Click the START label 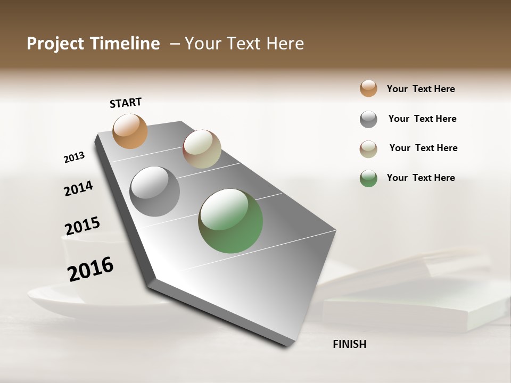(x=126, y=103)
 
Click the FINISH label (x=349, y=344)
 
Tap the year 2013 (x=74, y=157)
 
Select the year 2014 (x=78, y=188)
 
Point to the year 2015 (x=82, y=226)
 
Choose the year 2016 (x=90, y=269)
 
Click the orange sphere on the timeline (x=130, y=131)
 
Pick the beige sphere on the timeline (x=202, y=149)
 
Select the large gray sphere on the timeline (x=155, y=191)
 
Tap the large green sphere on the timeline (x=230, y=221)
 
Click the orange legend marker (x=368, y=88)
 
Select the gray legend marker (x=368, y=119)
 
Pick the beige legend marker (x=368, y=149)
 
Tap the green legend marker (x=368, y=178)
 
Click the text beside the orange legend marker (x=421, y=89)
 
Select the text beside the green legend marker (x=421, y=178)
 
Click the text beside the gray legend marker (x=422, y=119)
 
